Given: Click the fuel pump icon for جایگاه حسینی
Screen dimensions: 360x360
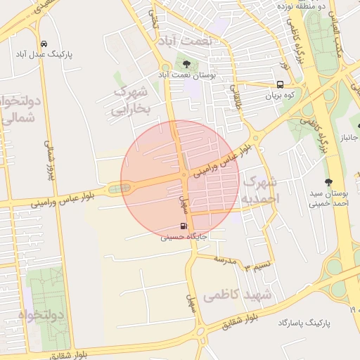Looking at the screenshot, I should (184, 226).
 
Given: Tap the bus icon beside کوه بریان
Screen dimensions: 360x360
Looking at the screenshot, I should (281, 84).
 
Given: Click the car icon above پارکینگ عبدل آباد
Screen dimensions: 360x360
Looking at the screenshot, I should (44, 43).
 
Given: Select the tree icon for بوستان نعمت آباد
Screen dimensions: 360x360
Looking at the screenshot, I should (186, 64).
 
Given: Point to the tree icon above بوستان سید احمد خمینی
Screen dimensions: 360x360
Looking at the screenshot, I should (328, 181).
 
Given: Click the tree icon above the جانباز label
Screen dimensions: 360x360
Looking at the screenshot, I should (354, 115).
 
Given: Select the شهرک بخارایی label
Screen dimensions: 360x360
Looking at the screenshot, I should (131, 100).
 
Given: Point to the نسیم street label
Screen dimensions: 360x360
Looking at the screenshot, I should (256, 265).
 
